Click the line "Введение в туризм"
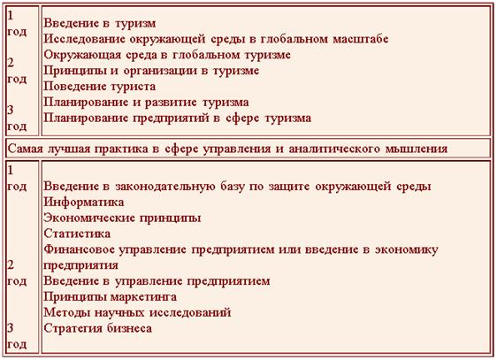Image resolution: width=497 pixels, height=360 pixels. coord(100,23)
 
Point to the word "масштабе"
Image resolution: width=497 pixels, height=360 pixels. coord(361,39)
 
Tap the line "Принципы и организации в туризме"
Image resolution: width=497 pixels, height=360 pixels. coord(151,71)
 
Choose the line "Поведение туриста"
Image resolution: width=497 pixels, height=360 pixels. coord(100,87)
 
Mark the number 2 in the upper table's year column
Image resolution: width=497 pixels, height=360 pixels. coord(11,63)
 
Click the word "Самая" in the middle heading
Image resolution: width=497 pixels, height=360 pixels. coord(25,149)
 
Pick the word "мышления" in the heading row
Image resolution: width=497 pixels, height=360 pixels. coord(417,149)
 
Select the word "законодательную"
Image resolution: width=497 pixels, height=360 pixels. coord(164,186)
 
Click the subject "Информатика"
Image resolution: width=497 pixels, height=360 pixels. coord(84,202)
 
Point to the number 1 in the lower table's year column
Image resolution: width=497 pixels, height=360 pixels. coord(11,171)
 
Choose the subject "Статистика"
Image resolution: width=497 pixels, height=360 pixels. coord(77,234)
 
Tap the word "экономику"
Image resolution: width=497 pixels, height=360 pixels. coord(407,249)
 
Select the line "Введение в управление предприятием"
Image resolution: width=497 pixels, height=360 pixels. coord(157,281)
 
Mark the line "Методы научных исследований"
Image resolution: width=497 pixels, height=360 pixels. coord(137,313)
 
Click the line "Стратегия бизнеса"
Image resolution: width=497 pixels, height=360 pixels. coord(97,328)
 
